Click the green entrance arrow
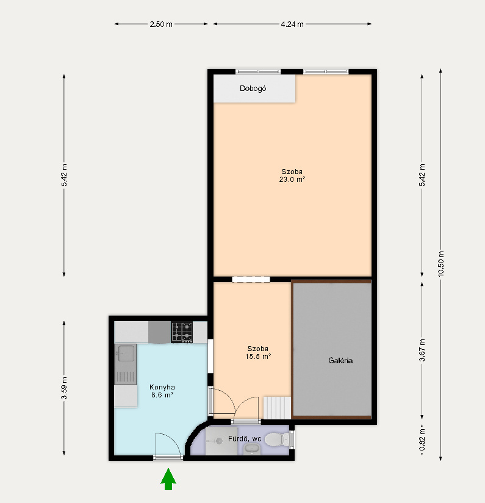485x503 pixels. coord(168,479)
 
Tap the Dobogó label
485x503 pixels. coord(253,89)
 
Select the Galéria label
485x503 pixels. coord(340,361)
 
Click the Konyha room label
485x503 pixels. coord(162,387)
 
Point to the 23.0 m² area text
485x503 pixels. coord(292,179)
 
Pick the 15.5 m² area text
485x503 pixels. coord(258,356)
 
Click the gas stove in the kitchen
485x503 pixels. coord(182,332)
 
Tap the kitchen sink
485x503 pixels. coord(126,364)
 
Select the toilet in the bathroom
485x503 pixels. coord(276,439)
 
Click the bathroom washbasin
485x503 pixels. coord(252,449)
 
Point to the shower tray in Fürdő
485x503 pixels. coord(221,441)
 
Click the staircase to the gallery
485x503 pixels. coord(278,408)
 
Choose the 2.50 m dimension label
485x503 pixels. coord(161,24)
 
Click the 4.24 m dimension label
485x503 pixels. coord(292,24)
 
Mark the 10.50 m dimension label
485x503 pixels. coord(440,264)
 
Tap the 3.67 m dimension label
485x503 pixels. coord(422,350)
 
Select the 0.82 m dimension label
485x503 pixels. coord(422,440)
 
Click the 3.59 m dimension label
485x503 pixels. coord(64,388)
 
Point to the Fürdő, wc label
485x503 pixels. coord(245,438)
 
